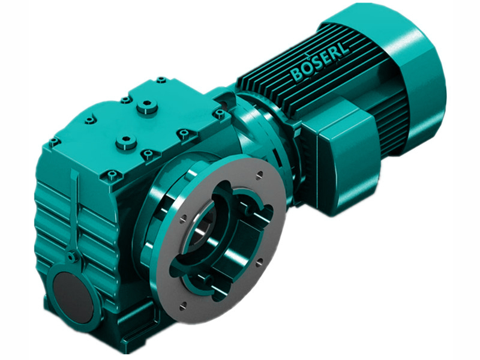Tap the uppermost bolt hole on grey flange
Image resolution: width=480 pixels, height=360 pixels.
pyautogui.click(x=259, y=175)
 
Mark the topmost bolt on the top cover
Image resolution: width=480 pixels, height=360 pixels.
pyautogui.click(x=161, y=79)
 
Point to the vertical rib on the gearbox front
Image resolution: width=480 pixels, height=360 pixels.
pyautogui.click(x=75, y=210)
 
